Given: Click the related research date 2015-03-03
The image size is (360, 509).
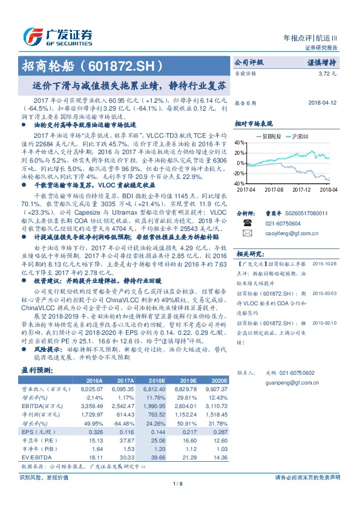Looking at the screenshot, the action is click(324, 293).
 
